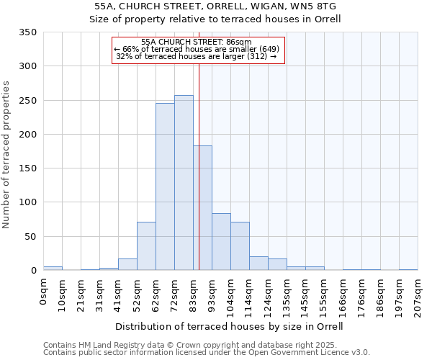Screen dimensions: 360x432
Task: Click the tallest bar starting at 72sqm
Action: coord(184,183)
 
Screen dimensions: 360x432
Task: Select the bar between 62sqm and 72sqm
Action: coord(165,186)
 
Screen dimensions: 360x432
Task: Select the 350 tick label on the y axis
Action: coord(28,32)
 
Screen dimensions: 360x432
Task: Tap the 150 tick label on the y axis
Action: coord(28,168)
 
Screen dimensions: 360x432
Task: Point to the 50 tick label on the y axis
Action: coord(31,236)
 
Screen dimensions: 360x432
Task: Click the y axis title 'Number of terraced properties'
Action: coord(6,154)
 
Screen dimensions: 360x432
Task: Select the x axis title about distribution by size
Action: coord(229,326)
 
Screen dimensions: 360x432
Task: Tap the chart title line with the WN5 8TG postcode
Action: coord(215,6)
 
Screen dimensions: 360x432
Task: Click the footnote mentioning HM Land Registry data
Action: coord(206,345)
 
